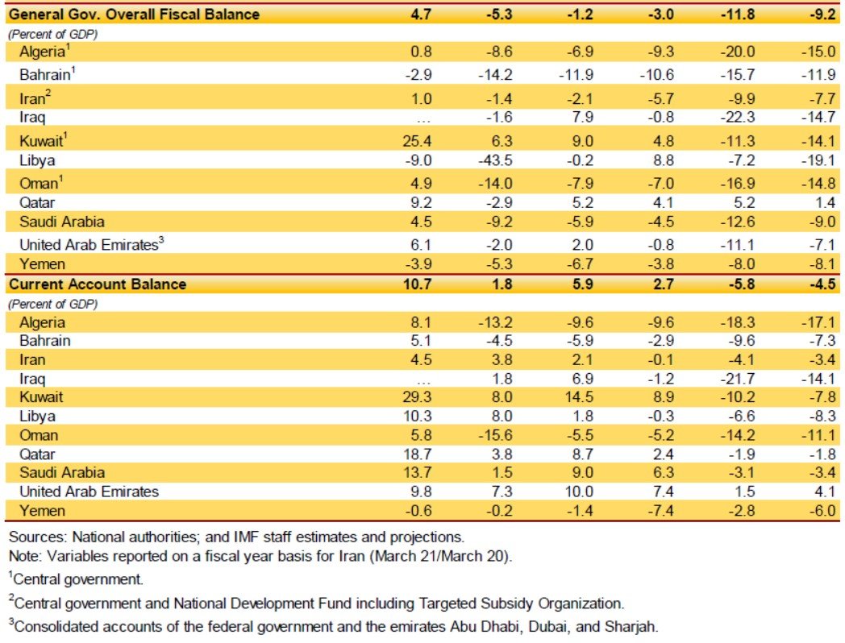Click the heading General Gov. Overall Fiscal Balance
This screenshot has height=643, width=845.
coord(134,14)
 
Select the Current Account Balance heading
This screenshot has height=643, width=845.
coord(98,284)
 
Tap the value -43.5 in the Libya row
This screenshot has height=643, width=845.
coord(495,160)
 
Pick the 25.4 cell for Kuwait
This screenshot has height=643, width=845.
coord(417,141)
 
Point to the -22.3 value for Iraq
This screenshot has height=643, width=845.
coord(738,118)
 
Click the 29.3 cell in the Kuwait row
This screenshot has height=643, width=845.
coord(417,397)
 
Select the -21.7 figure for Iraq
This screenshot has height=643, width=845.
coord(738,379)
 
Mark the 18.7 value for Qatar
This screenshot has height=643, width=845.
coord(417,454)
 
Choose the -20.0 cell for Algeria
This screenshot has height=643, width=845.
coord(738,52)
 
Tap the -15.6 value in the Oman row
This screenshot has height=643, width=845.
coord(495,435)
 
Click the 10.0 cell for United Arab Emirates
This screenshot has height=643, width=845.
coord(578,492)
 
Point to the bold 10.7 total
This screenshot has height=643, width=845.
coord(417,284)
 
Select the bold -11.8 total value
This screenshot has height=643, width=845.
coord(738,14)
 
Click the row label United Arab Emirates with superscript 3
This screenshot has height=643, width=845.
coord(92,244)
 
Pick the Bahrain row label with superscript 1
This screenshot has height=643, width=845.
coord(48,74)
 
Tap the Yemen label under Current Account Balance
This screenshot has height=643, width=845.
coord(42,511)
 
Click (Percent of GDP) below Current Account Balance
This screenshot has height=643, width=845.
coord(53,304)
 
